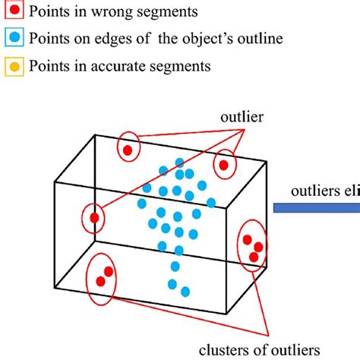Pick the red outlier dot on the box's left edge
(x=94, y=219)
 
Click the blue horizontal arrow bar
(x=315, y=205)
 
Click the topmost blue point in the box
(x=179, y=162)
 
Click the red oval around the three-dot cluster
(x=251, y=244)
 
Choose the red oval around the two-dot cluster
(x=103, y=277)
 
